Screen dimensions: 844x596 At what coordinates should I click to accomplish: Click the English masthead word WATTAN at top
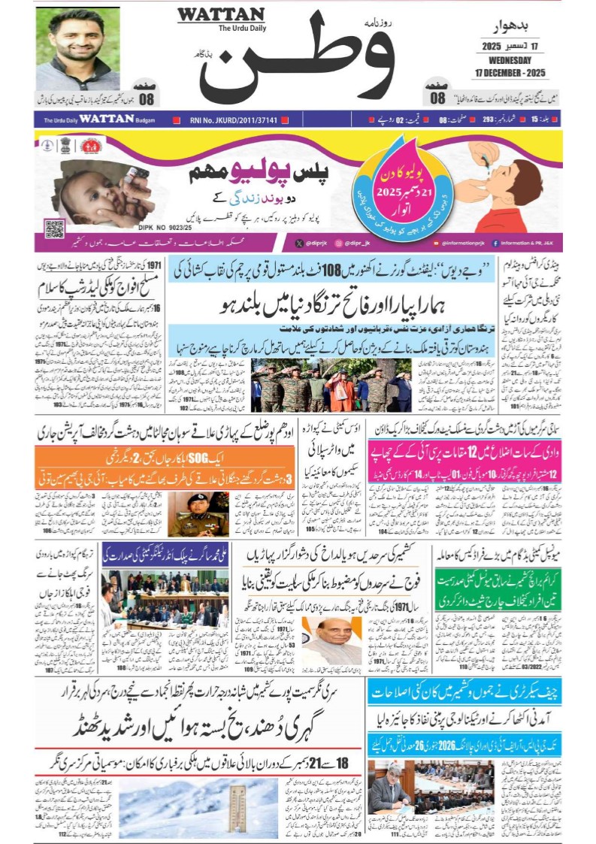pos(220,15)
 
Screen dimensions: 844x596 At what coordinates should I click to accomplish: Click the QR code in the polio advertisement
pos(54,228)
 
